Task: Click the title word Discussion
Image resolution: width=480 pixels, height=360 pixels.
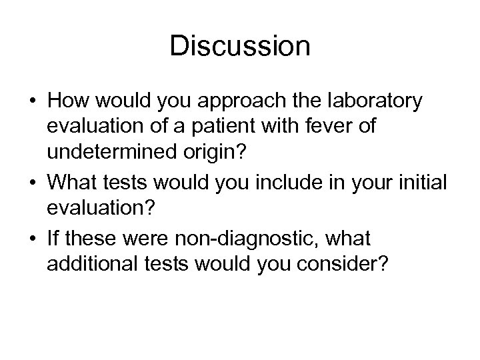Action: coord(240,47)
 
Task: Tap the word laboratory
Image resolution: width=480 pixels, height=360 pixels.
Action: coord(370,102)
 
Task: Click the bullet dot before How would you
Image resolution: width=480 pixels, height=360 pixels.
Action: coord(32,103)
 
